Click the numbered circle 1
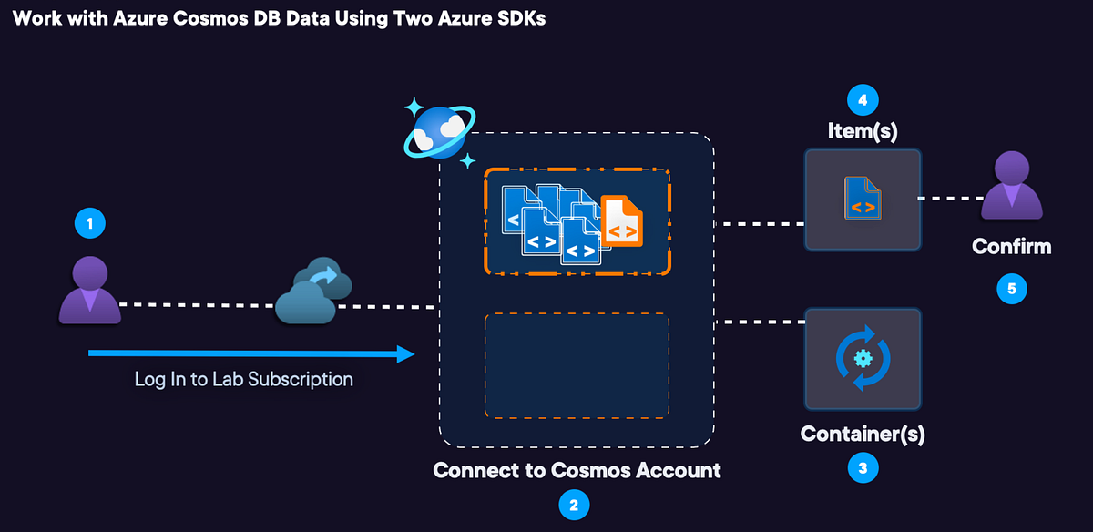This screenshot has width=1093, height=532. click(x=89, y=223)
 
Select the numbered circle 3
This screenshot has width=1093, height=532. click(x=863, y=468)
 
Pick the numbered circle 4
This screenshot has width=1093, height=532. click(x=863, y=98)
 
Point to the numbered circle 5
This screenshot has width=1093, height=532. click(x=1011, y=289)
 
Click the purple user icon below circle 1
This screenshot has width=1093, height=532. click(x=89, y=290)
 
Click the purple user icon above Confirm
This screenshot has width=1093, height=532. click(x=1011, y=187)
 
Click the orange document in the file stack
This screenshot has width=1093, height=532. click(x=622, y=220)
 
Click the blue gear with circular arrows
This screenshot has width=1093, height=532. click(x=863, y=358)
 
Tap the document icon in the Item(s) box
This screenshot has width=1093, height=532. click(x=863, y=199)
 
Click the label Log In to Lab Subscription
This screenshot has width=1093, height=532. click(x=243, y=379)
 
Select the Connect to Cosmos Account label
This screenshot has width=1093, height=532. click(x=577, y=471)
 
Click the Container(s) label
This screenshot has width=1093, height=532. click(x=863, y=435)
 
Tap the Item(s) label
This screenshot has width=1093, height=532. click(x=863, y=131)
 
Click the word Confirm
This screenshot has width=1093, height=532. click(x=1011, y=246)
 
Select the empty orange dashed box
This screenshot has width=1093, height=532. click(x=577, y=365)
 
